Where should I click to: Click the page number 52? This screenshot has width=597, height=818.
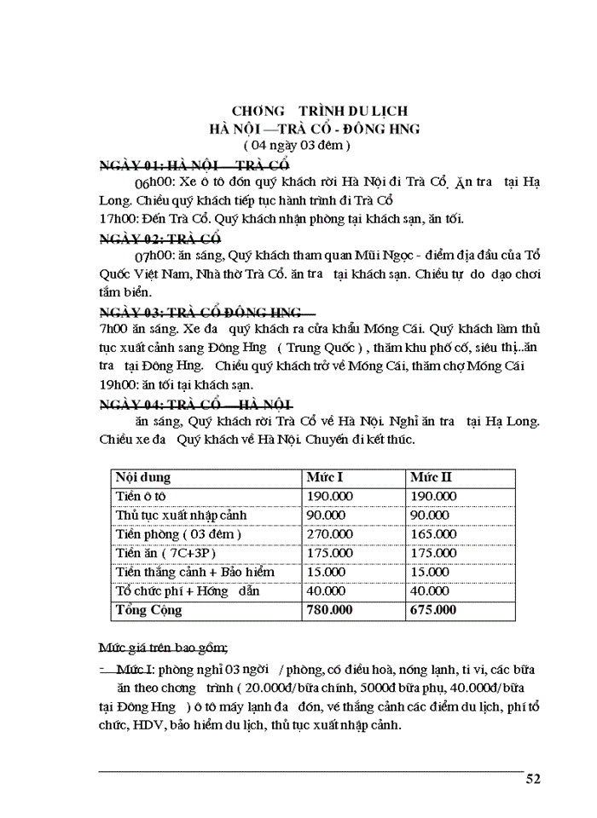[533, 778]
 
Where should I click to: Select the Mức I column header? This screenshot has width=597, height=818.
[325, 476]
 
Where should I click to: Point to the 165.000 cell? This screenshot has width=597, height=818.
[431, 533]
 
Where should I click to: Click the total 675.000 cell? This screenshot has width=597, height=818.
[433, 610]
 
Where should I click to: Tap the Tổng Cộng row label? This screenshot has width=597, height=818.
[148, 610]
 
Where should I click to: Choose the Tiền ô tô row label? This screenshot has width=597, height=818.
[142, 495]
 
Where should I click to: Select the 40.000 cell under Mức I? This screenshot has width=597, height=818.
[324, 590]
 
